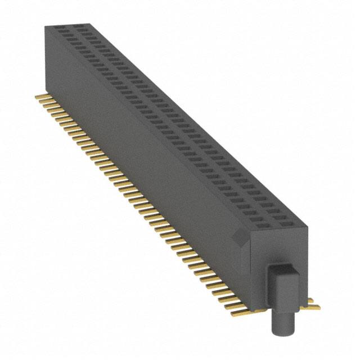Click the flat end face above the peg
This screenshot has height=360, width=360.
click(x=278, y=247)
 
